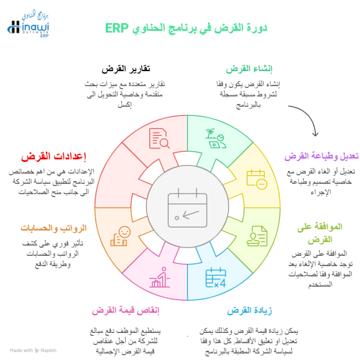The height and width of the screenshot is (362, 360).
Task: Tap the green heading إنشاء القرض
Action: tap(249, 69)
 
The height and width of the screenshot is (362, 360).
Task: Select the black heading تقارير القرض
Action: tap(126, 69)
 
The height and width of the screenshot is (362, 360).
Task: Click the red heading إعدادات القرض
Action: tap(53, 156)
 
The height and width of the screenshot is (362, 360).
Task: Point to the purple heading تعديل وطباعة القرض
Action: tap(322, 156)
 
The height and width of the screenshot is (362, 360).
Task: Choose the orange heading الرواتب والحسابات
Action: tap(53, 228)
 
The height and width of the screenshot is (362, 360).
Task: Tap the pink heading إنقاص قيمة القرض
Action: tap(126, 310)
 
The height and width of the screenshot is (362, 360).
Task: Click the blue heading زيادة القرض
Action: tap(249, 310)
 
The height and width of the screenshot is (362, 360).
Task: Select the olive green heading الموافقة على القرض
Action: tap(320, 233)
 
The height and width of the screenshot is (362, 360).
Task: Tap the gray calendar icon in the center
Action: tap(187, 208)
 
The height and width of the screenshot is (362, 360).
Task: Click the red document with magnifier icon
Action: tap(159, 138)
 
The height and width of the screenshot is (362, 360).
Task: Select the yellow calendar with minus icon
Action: tap(257, 180)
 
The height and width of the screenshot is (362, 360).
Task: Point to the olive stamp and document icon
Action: tap(257, 236)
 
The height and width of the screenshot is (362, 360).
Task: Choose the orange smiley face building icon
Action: tap(120, 236)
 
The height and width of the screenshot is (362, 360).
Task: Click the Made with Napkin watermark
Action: tap(33, 350)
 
